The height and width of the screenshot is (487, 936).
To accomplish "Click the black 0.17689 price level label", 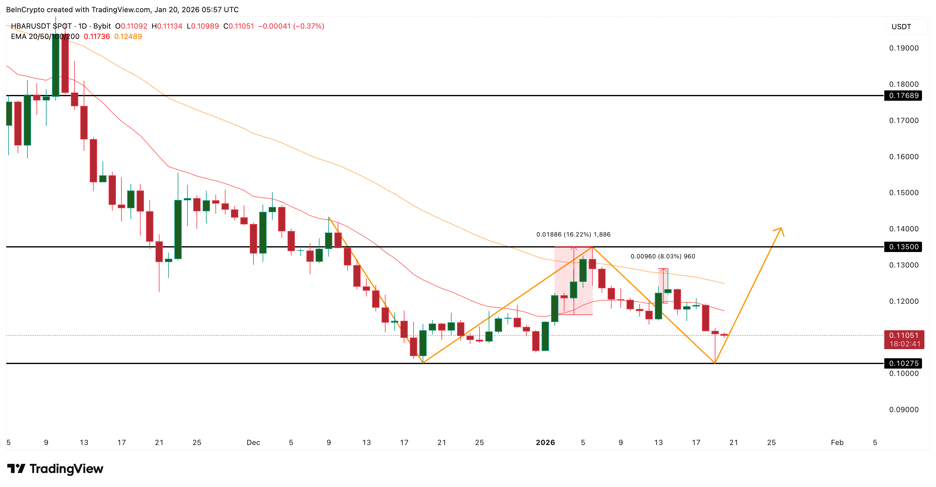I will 903,96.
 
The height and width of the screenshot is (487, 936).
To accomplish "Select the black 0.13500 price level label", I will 903,247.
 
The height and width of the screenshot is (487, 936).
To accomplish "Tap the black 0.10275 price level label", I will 903,363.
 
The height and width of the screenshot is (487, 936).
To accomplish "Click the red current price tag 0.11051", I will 904,335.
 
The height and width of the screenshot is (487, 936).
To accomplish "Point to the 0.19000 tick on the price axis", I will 904,48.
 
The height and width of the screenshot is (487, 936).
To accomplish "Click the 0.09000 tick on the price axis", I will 904,410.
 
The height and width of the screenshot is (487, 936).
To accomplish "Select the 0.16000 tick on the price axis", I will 904,157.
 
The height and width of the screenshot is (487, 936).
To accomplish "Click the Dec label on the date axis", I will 253,442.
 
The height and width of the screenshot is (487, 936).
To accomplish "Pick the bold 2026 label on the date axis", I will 545,442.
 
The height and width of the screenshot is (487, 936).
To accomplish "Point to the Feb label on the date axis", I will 837,442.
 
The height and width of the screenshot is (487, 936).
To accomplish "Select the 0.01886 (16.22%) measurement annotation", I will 573,234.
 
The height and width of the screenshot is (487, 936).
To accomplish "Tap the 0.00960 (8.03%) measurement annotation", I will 663,256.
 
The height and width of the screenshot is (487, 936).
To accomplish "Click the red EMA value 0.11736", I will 97,36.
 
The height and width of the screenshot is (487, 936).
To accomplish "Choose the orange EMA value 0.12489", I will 128,36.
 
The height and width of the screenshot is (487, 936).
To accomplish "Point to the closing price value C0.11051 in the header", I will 239,26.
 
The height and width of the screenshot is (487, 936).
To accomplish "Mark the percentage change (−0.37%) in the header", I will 309,26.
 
